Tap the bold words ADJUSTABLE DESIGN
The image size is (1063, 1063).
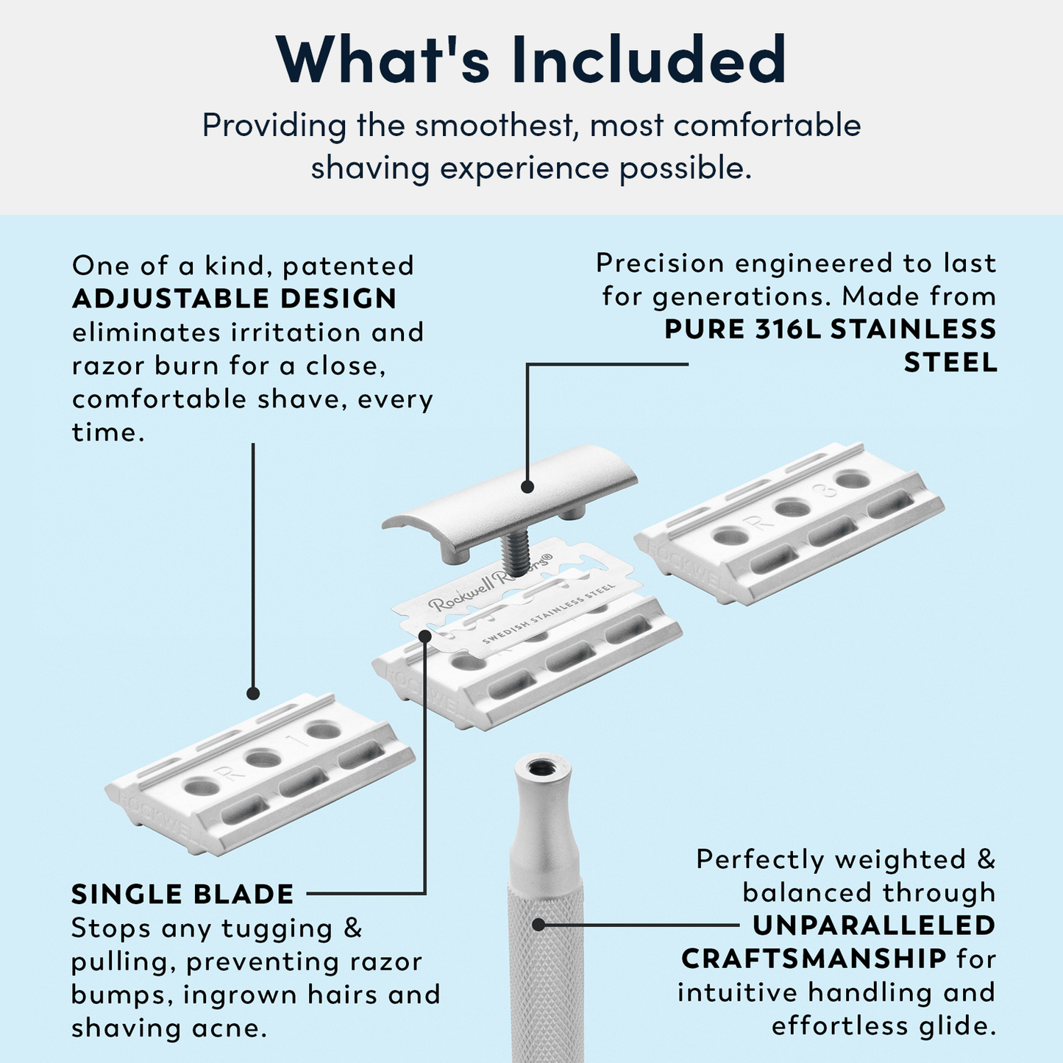(x=234, y=299)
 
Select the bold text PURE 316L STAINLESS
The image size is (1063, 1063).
(x=830, y=329)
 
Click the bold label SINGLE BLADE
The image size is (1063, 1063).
(x=182, y=895)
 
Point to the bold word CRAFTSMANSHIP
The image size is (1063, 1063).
(x=814, y=959)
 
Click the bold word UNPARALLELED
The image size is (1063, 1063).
(x=874, y=925)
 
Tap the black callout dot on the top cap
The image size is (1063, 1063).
(x=527, y=486)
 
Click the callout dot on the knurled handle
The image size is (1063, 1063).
(x=538, y=925)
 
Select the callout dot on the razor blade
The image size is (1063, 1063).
(x=425, y=635)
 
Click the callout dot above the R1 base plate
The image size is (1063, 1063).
(x=253, y=693)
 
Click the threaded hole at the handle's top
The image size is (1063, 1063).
(x=544, y=767)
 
